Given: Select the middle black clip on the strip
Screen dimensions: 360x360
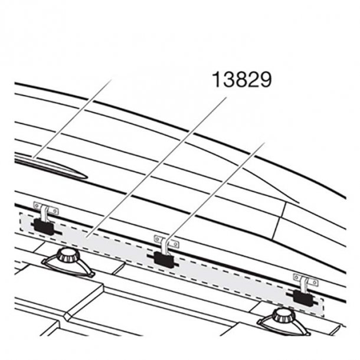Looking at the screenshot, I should [x=163, y=257].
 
